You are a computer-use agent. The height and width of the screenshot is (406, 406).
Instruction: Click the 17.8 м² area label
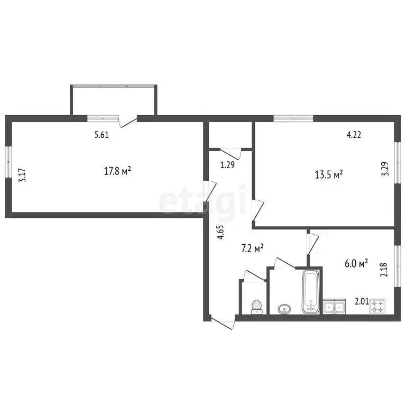(x=117, y=171)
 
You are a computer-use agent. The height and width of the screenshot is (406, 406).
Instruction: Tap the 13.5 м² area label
(x=329, y=174)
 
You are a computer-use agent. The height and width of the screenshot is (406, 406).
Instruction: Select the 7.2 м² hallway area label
(x=253, y=249)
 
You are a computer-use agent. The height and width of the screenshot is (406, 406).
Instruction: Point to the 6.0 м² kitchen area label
(x=356, y=264)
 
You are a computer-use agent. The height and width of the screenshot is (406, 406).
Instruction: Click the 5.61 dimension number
(x=101, y=135)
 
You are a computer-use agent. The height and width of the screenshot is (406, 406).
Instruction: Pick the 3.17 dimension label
(x=22, y=176)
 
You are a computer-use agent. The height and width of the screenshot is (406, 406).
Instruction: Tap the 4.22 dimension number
(x=354, y=135)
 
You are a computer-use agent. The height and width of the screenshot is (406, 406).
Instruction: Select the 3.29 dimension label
(x=385, y=169)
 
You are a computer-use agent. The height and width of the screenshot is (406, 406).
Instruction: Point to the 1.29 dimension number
(x=227, y=165)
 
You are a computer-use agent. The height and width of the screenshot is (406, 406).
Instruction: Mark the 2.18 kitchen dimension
(x=384, y=270)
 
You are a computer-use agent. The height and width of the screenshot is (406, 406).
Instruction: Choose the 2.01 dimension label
(x=362, y=302)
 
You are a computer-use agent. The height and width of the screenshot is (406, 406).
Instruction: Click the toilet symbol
(x=256, y=307)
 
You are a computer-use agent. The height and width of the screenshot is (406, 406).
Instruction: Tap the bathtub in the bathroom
(x=311, y=292)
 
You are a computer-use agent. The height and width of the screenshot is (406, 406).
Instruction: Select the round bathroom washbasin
(x=284, y=309)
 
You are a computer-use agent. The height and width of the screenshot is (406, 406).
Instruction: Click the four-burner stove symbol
(x=377, y=307)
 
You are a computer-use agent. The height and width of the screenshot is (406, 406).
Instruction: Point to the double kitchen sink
(x=334, y=306)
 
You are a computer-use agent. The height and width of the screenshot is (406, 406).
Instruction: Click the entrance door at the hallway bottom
(x=223, y=322)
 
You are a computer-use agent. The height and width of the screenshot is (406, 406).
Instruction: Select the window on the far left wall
(x=8, y=162)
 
